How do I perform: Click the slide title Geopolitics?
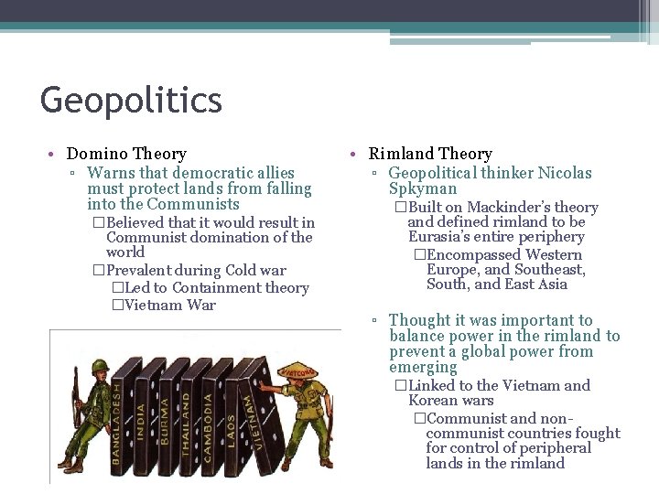click(x=131, y=100)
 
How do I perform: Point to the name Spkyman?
click(x=423, y=189)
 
